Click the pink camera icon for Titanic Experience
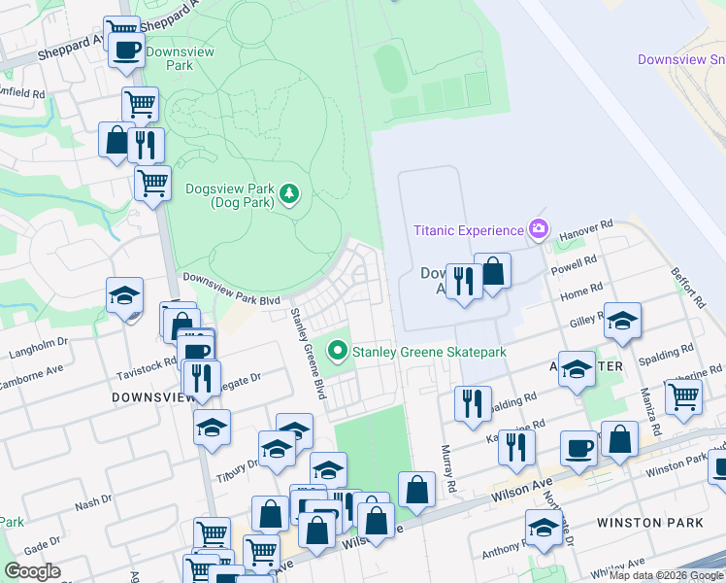pos(539,230)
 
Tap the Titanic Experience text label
pos(468,230)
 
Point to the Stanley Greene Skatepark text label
pos(428,352)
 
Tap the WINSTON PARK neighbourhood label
pos(649,523)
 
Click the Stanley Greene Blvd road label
pos(309,354)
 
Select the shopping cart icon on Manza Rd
pos(683,395)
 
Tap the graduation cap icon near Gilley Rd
pos(621,321)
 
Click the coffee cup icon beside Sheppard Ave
pos(126,50)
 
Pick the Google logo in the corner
pos(33,571)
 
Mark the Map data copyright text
pos(665,576)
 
